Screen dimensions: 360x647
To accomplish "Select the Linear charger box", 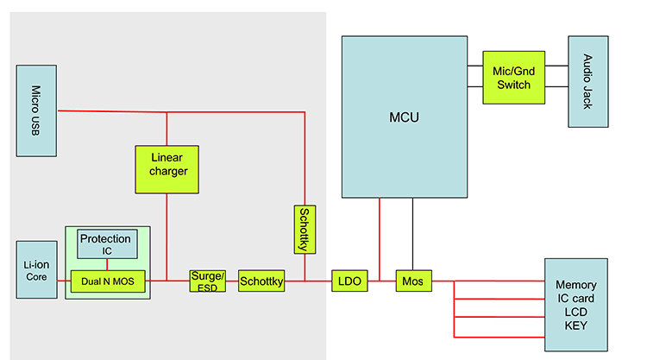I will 166,169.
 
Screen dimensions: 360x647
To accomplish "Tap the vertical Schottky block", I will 305,230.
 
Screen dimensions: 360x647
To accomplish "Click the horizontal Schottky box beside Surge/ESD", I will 261,281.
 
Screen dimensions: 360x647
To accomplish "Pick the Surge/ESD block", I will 207,281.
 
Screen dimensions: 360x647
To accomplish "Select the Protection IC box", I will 106,244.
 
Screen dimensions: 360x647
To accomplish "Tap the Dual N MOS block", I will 108,281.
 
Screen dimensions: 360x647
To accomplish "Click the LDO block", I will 349,281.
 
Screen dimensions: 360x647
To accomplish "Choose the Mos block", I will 412,281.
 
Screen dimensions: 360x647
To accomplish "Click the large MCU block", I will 405,117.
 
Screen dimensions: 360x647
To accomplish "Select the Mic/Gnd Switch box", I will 513,77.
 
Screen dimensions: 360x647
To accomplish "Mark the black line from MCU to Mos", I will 412,233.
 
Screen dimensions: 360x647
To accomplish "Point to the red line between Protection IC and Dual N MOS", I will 106,264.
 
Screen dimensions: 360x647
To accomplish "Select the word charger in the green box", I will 166,171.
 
